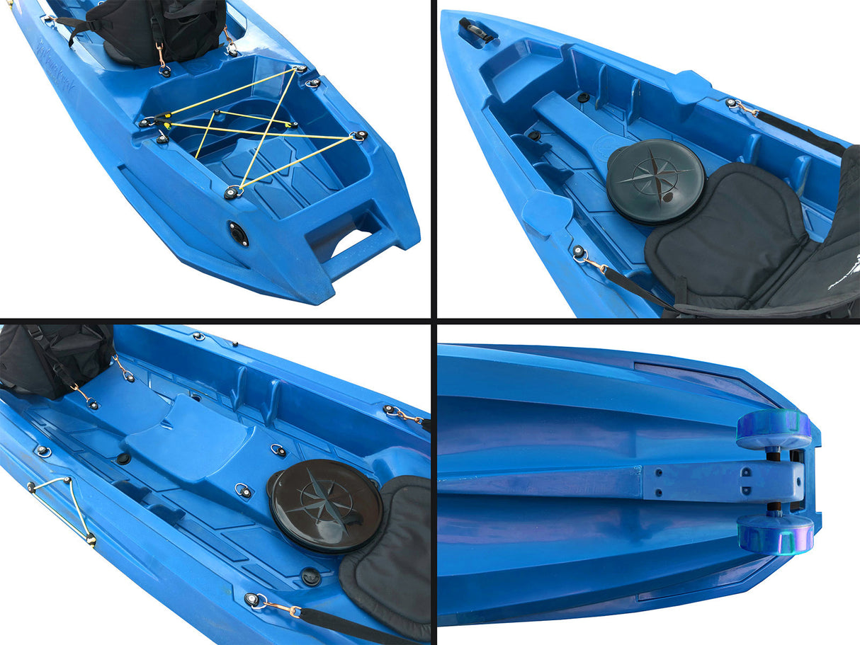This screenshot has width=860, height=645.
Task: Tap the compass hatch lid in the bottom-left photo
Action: click(327, 505)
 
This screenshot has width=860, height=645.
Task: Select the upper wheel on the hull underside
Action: click(774, 430)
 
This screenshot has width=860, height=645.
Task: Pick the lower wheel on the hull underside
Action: click(776, 533)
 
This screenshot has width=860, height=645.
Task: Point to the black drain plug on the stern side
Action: click(238, 233)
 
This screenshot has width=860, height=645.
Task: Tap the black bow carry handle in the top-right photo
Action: click(475, 29)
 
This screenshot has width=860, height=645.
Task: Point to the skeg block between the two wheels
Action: click(723, 481)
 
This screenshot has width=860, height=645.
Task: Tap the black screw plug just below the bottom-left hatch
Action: click(310, 576)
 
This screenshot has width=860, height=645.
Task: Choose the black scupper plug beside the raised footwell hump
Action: click(123, 459)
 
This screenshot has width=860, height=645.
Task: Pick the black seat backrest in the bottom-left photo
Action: click(50, 358)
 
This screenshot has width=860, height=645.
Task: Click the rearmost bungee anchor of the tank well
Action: click(233, 192)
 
